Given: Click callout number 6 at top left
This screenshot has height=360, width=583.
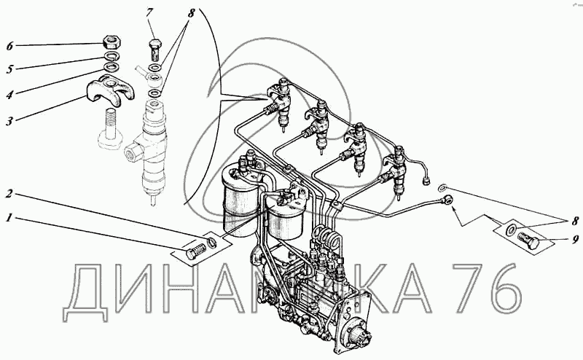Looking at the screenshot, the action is (9, 46).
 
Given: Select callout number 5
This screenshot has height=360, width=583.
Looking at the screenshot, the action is (9, 69).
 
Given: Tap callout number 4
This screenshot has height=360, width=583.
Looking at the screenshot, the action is (9, 95).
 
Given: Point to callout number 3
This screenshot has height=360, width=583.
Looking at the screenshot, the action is (9, 121).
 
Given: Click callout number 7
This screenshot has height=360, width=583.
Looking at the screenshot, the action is (149, 13).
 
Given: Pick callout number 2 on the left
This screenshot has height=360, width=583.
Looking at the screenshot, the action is (9, 194).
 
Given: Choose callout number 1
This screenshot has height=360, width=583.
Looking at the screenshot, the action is (9, 218).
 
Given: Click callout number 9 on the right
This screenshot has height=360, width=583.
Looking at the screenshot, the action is (575, 239).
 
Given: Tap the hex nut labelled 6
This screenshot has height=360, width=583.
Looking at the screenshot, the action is (111, 42).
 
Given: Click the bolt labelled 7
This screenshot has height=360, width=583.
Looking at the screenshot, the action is (156, 50).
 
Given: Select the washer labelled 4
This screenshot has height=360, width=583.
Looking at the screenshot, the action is (111, 67).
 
